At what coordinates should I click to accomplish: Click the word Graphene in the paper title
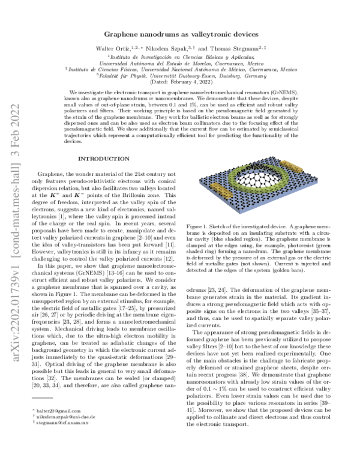[124, 35]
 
